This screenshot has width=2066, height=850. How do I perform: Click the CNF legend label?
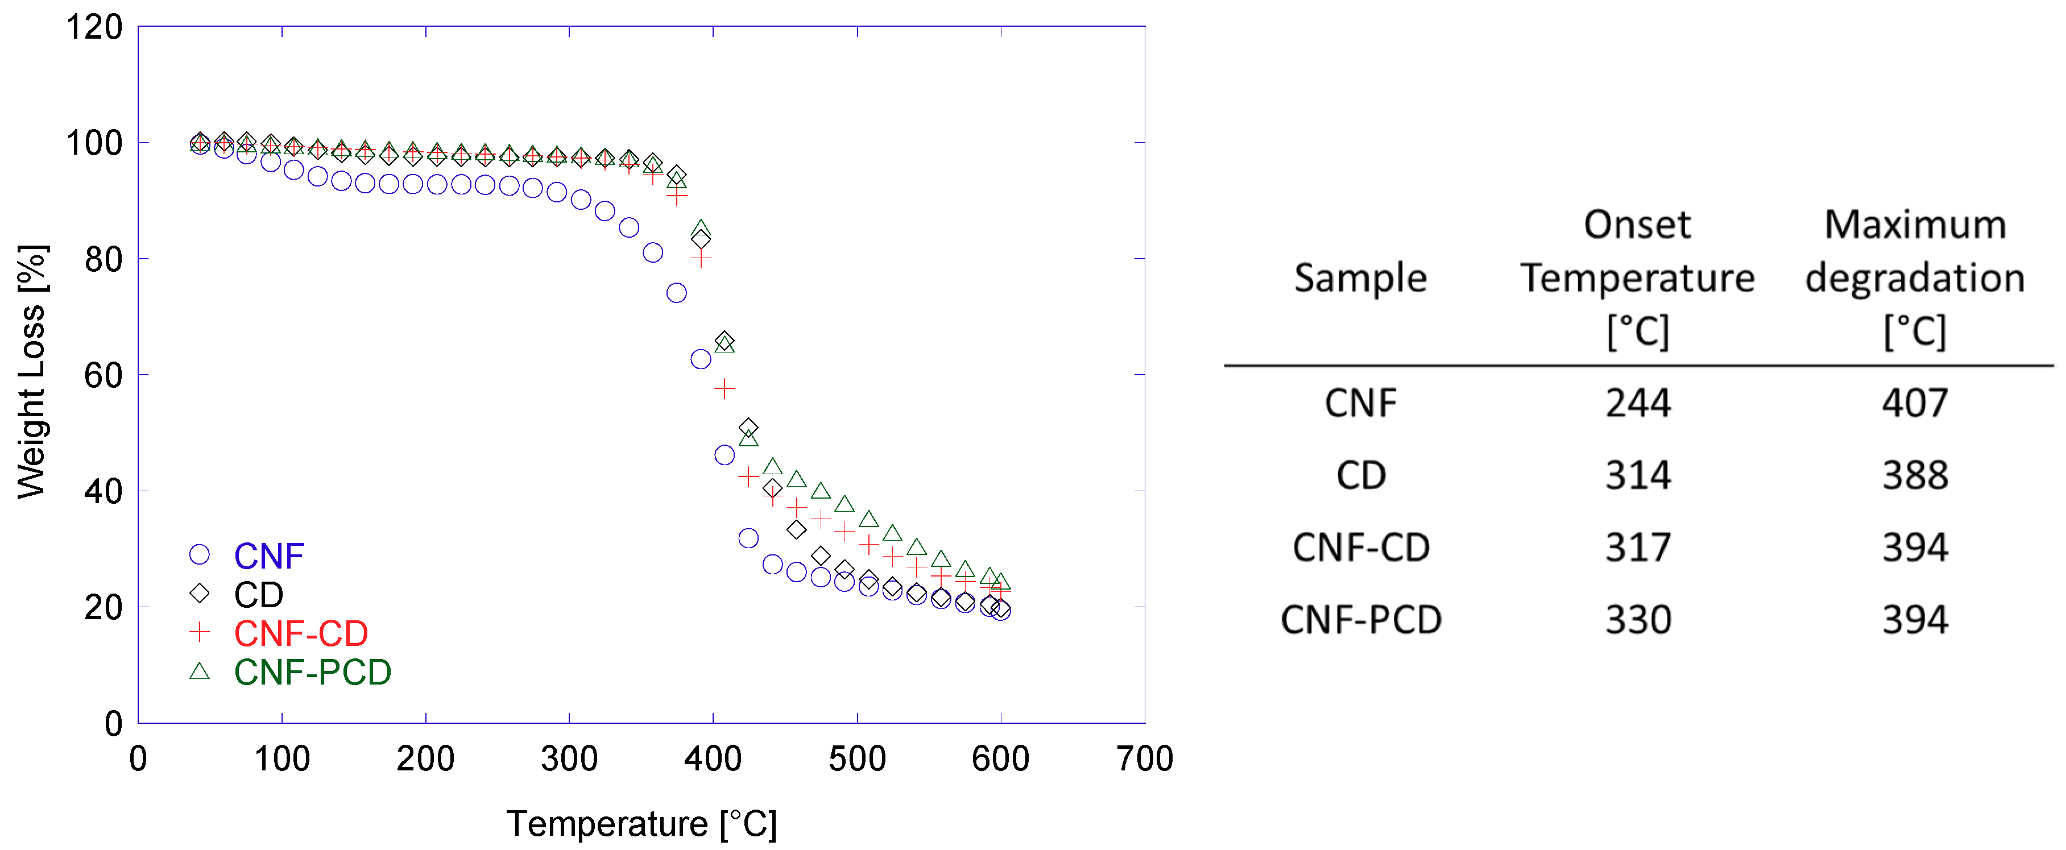pos(268,555)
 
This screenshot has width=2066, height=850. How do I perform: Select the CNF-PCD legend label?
pos(312,672)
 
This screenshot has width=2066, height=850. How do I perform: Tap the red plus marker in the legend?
pos(199,633)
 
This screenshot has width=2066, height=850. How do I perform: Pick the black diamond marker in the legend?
pos(199,594)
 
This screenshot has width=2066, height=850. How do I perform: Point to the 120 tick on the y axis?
pos(94,27)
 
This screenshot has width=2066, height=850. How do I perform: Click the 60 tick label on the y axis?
pos(103,375)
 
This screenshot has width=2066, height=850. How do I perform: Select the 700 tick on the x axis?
pos(1145,758)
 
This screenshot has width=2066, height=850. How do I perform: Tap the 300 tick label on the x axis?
pos(569,758)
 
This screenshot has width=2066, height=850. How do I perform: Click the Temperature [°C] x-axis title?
pos(641,823)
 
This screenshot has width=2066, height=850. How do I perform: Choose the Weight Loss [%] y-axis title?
pos(32,372)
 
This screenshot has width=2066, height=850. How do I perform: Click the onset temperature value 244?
pos(1638,403)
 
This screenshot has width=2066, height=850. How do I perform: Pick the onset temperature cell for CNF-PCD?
pos(1638,620)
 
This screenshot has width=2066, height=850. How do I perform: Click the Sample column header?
pos(1360,278)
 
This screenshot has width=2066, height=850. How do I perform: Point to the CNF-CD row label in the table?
pos(1360,548)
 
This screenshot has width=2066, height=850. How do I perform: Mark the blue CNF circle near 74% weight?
pos(676,293)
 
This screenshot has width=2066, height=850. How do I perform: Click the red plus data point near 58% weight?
pos(724,389)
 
